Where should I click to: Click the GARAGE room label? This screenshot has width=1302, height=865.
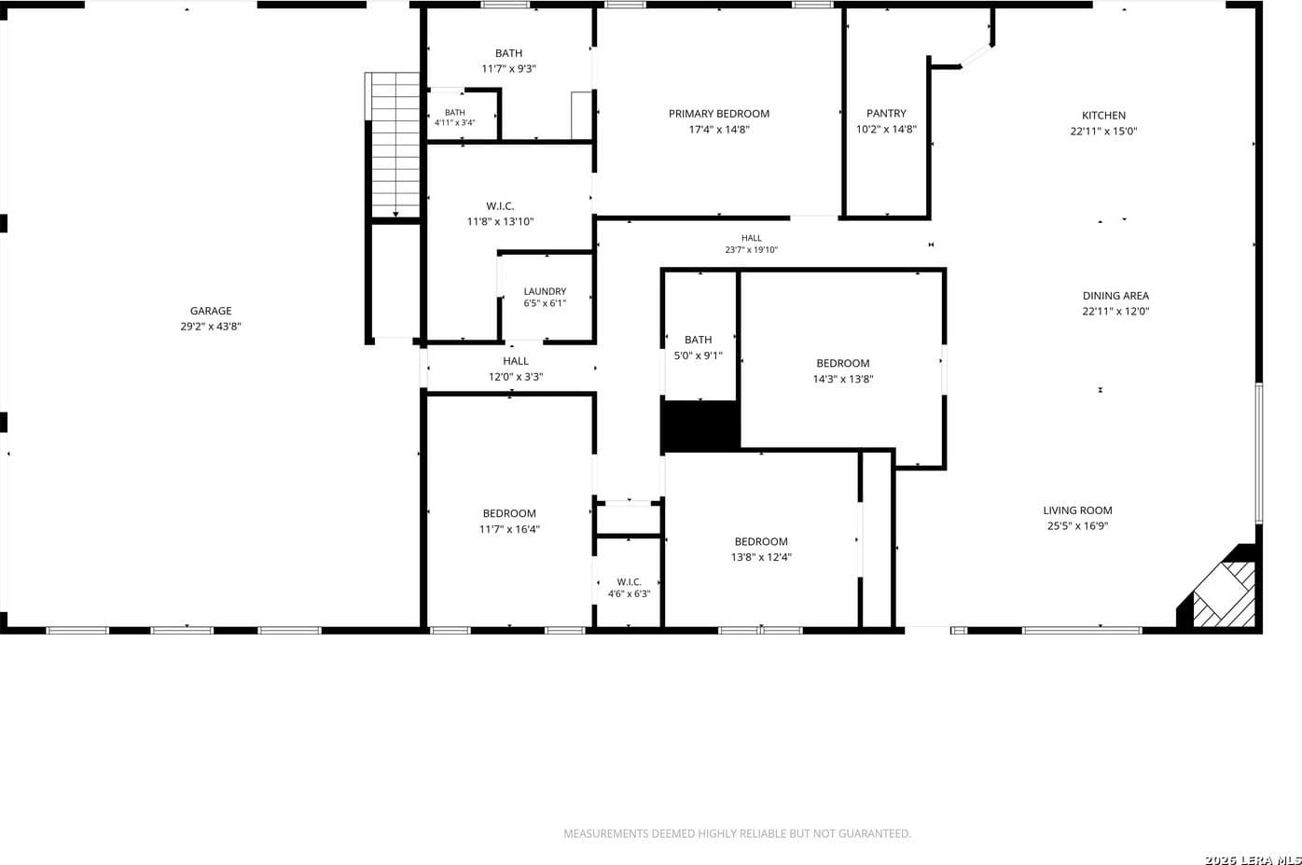coord(211,311)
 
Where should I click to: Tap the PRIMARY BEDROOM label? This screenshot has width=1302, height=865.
coord(719,114)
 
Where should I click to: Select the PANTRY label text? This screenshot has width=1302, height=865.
coord(886,114)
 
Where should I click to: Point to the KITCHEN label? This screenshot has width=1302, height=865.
coord(1103,115)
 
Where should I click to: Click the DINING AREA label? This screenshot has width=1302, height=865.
coord(1115,296)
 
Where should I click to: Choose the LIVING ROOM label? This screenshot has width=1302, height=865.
coord(1077,510)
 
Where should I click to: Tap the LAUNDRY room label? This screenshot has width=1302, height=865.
coord(545,291)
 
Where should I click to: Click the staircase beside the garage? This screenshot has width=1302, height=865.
coord(393,145)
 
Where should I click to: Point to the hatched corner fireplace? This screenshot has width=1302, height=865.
coord(1221,591)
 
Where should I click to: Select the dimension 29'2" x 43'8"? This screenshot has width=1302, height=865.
coord(211,327)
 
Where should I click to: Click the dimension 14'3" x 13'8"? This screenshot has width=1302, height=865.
coord(843,379)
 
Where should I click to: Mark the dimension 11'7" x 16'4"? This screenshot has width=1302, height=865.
coord(509,529)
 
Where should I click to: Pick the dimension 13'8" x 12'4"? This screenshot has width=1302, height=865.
coord(761,557)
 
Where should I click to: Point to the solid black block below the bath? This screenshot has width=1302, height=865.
coord(700,426)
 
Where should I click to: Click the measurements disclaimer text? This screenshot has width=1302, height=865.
coord(737,833)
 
